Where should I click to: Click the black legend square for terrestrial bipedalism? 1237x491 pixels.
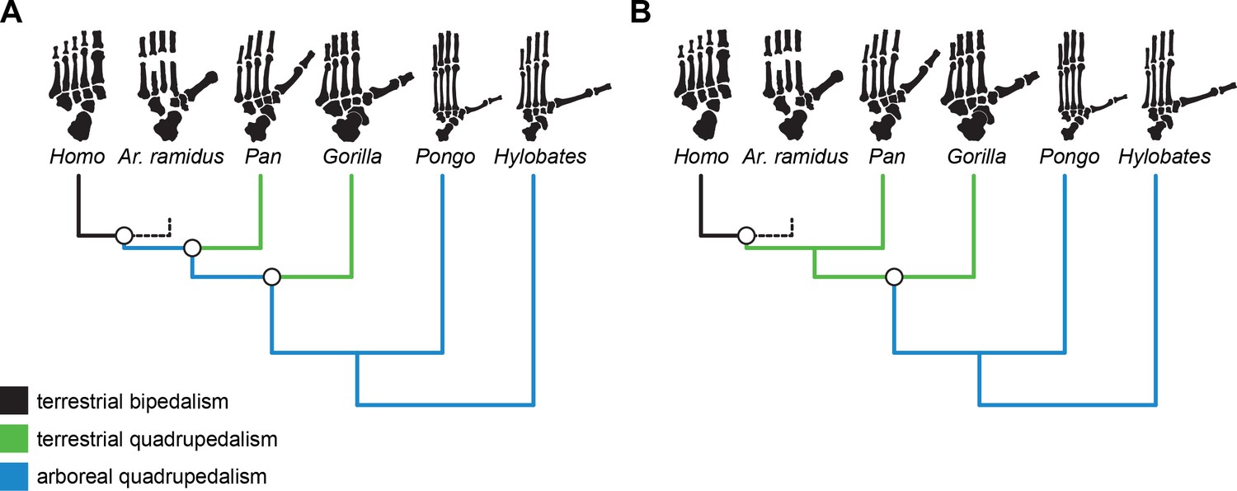14,403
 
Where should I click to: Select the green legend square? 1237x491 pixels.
14,439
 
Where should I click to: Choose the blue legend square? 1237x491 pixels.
14,476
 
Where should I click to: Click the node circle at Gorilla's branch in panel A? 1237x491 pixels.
272,277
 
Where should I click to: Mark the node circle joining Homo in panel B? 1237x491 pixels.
745,236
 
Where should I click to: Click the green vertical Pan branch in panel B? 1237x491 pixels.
883,210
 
